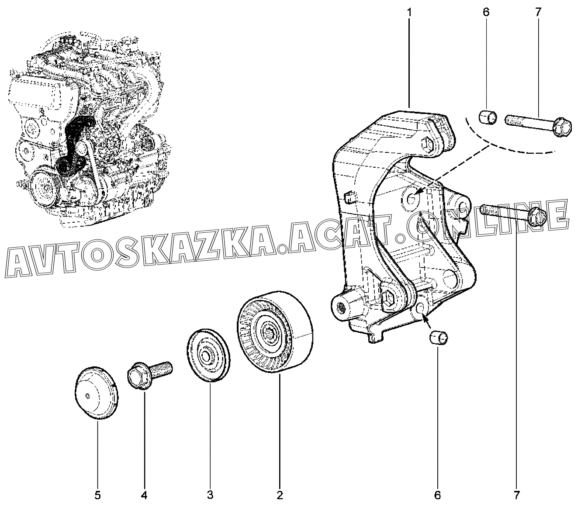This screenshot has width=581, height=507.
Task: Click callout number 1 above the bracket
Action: click(x=409, y=13)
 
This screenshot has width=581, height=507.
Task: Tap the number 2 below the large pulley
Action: click(x=280, y=495)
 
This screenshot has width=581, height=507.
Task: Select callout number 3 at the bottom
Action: click(x=210, y=495)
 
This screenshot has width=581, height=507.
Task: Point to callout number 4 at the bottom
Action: click(x=144, y=495)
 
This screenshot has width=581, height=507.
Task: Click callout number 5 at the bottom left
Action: click(x=97, y=495)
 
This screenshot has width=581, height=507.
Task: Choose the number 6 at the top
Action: click(x=486, y=13)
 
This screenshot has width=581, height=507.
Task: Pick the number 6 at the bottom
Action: click(x=438, y=495)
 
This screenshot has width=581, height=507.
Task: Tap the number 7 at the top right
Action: click(x=538, y=13)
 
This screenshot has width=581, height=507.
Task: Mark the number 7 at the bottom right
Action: click(x=516, y=495)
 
